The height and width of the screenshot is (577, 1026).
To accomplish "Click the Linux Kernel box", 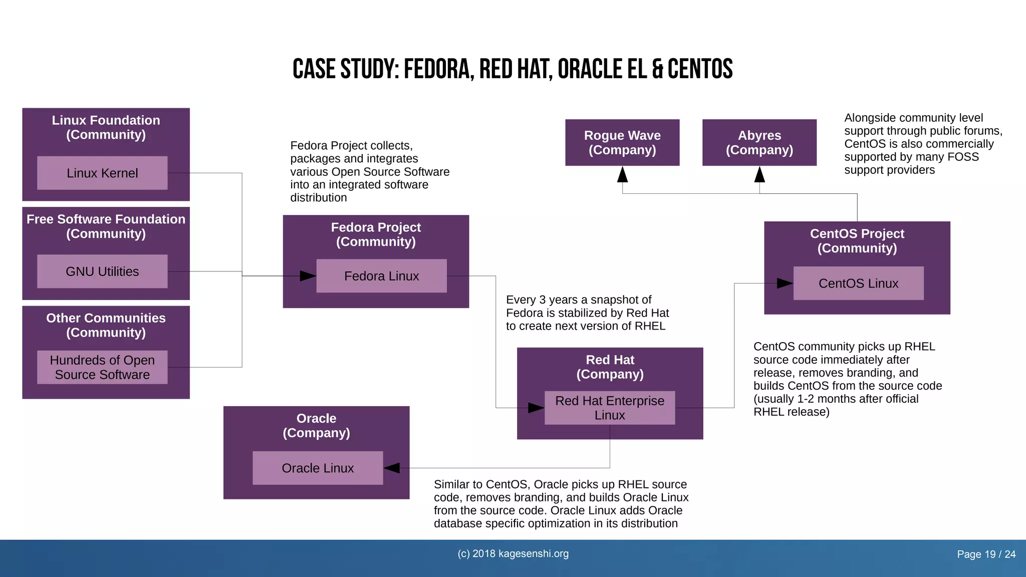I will (x=102, y=173).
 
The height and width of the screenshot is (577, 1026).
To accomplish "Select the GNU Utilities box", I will (x=102, y=271).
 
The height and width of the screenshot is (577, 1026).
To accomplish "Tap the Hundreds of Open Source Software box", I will (x=102, y=367).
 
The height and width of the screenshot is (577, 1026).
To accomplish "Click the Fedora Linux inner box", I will (x=381, y=276).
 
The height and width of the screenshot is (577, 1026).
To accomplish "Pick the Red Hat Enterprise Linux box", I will (x=610, y=408).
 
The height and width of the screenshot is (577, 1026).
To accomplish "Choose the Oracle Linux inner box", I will (x=318, y=468).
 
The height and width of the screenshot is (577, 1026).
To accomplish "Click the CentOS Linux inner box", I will (x=858, y=283).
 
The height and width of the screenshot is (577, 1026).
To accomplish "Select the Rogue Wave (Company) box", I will (x=622, y=142).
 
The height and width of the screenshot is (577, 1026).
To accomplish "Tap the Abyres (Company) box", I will (x=759, y=142).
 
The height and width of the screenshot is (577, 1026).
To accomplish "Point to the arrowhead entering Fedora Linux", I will (x=308, y=276).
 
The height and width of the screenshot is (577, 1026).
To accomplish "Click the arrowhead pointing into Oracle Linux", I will (x=392, y=468).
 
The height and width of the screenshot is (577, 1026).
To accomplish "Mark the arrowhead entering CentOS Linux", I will (x=785, y=283).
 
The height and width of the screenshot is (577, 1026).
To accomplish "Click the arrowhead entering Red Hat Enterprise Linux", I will (x=536, y=408).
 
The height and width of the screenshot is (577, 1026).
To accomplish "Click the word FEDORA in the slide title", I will (x=438, y=69).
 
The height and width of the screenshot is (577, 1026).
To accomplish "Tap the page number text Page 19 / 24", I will (x=986, y=554).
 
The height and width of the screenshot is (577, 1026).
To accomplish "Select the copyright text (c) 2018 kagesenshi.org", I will (x=513, y=553).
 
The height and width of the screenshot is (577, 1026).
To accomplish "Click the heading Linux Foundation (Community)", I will (x=106, y=127).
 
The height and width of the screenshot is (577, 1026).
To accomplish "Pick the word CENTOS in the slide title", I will (x=700, y=69).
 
